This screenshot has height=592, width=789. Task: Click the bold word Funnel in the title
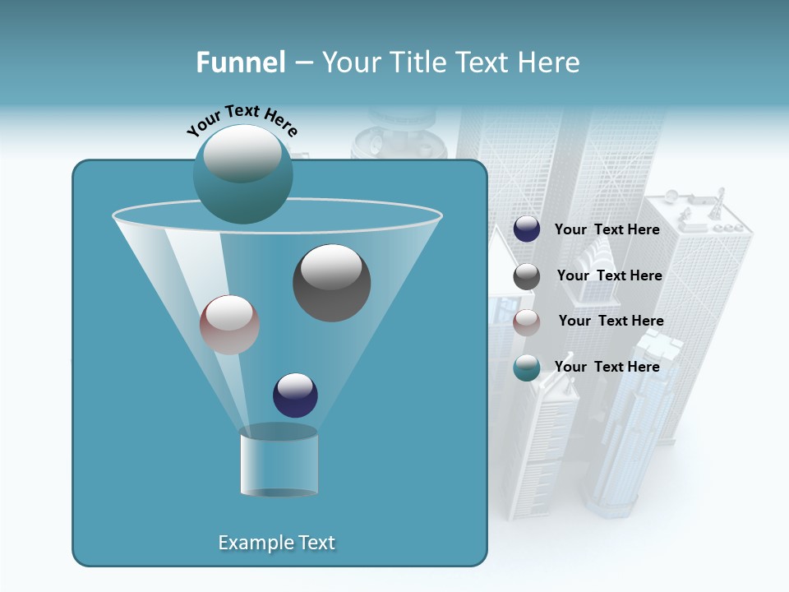tap(240, 62)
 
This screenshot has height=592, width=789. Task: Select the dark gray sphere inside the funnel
tap(331, 283)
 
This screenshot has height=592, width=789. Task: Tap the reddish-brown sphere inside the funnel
tap(229, 325)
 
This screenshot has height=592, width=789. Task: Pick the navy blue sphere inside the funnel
tap(295, 395)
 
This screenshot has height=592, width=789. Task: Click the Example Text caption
tap(276, 543)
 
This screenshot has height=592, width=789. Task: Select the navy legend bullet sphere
tap(527, 229)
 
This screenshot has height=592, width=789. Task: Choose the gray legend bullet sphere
tap(527, 276)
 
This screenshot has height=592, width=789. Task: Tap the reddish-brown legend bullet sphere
tap(527, 321)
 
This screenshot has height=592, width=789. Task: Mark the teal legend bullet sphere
tap(527, 368)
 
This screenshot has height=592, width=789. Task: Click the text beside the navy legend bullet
tap(607, 229)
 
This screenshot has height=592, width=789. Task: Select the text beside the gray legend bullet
tap(609, 275)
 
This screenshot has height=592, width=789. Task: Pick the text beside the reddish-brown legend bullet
tap(611, 321)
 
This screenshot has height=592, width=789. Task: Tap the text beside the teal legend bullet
tap(607, 367)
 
